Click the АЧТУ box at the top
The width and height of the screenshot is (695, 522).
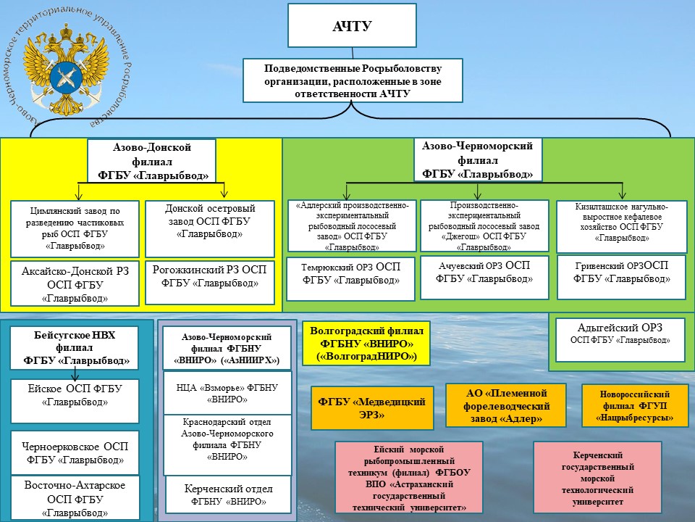point(352,25)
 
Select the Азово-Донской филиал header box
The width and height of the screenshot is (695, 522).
point(151,161)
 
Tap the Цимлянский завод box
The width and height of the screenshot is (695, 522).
point(75,228)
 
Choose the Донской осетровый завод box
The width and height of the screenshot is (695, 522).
point(210,228)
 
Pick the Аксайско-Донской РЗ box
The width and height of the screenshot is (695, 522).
point(75,283)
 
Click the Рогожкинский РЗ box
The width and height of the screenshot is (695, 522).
point(210,282)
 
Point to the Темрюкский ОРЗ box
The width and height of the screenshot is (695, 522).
point(350,278)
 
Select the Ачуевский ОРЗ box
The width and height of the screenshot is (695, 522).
point(484,278)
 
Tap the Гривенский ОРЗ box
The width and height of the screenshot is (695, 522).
point(621,278)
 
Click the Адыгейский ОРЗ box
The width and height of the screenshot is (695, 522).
point(620,339)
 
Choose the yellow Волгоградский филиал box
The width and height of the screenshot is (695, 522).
point(366,343)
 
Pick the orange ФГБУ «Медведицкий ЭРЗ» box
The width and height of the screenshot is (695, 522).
point(372,408)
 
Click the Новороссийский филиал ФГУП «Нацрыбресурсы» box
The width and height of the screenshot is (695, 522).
point(635,405)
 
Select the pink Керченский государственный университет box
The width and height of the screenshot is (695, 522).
point(597,477)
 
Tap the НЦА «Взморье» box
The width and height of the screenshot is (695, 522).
point(227,393)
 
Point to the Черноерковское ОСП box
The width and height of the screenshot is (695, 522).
point(75,452)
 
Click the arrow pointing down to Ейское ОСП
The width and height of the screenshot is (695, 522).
point(75,374)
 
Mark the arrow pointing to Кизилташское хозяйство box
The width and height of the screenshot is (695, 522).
point(623,191)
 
